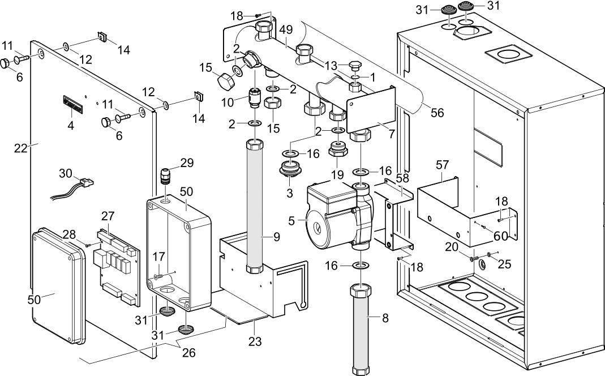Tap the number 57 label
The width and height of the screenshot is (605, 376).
point(441,165)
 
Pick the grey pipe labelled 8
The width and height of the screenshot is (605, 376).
point(361,328)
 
